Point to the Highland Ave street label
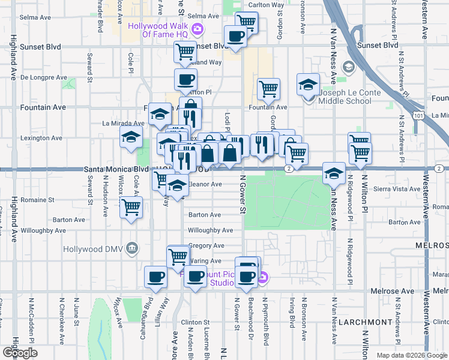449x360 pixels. [13, 58]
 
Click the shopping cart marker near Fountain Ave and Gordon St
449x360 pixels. [268, 89]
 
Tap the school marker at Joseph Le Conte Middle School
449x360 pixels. [308, 85]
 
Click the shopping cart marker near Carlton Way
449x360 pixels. [246, 23]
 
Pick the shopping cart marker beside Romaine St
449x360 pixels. [131, 208]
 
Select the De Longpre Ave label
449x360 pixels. [44, 77]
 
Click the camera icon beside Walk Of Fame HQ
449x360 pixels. [197, 28]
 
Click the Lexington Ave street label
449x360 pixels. [41, 138]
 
